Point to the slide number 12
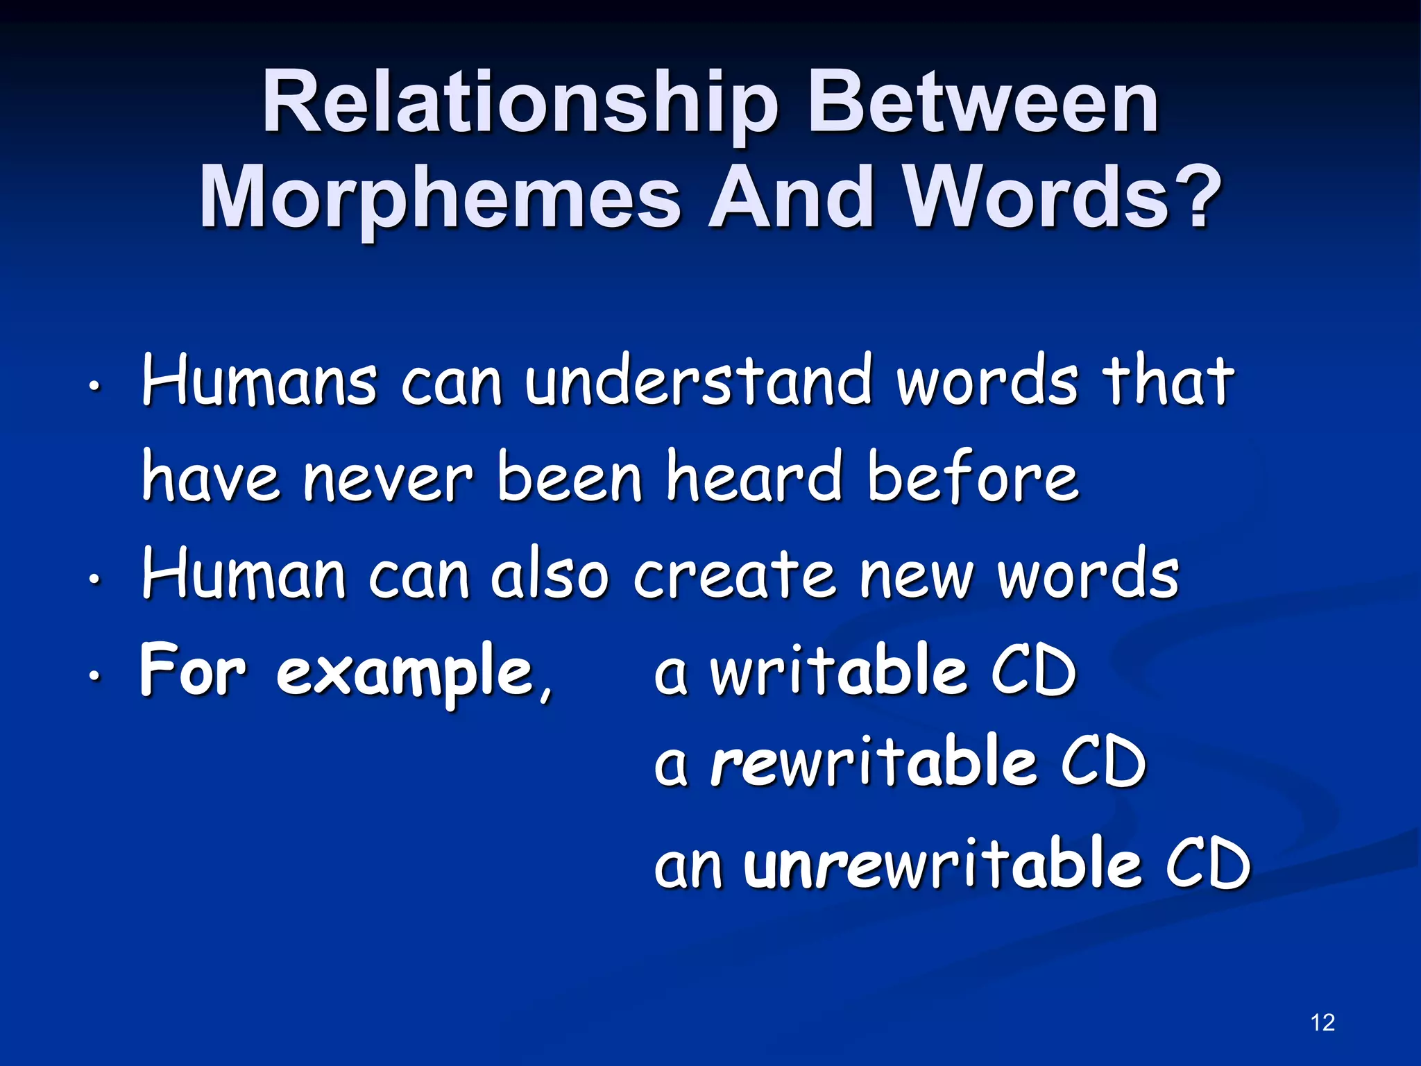[x=1323, y=1022]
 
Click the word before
[x=973, y=477]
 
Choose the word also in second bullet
[x=550, y=575]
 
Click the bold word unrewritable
[x=942, y=863]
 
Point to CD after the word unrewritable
[x=1207, y=863]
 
